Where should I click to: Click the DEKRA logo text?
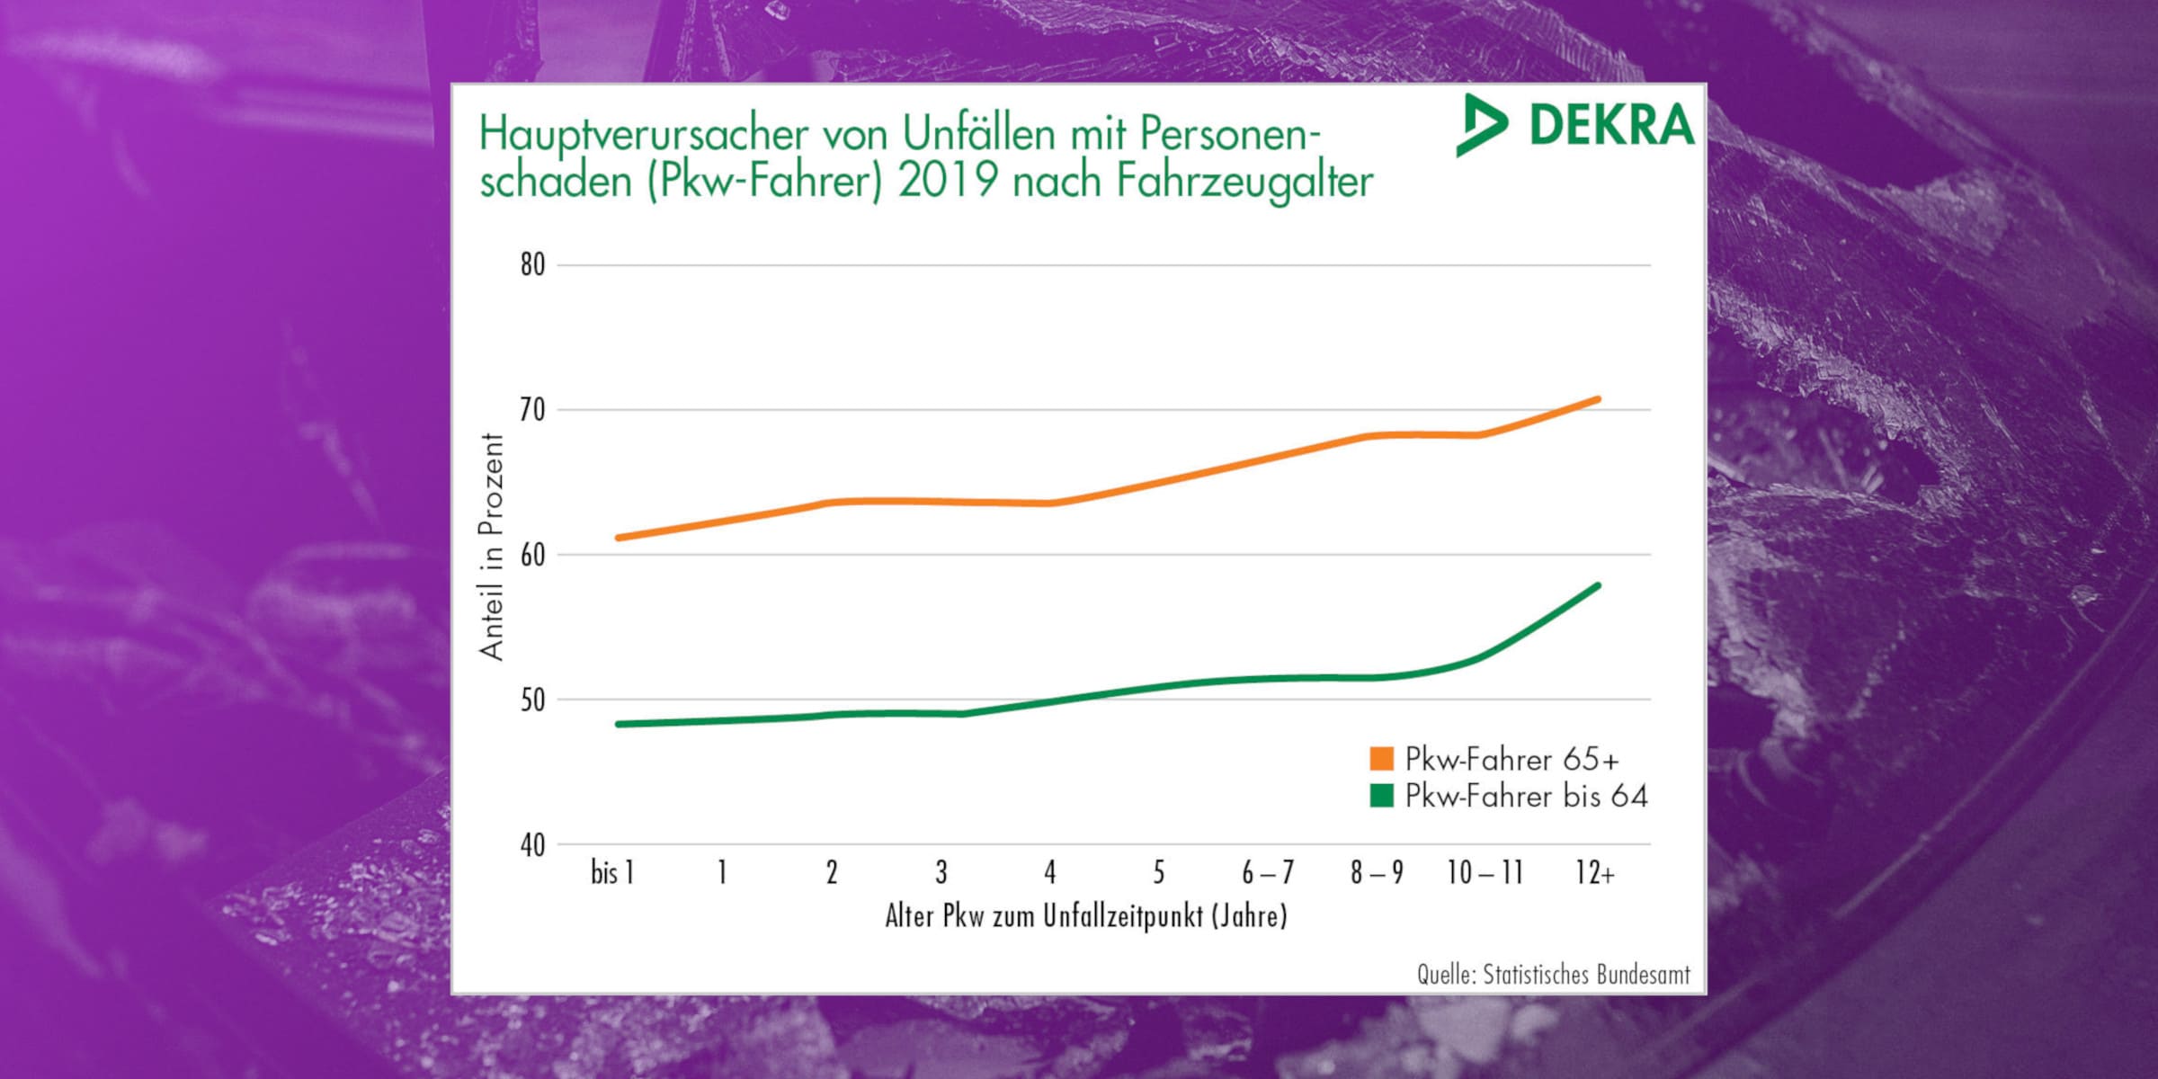(1611, 126)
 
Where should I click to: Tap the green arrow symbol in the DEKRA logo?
(1480, 125)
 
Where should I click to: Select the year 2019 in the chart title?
(948, 181)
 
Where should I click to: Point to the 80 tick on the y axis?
(532, 265)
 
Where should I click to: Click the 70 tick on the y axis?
(532, 410)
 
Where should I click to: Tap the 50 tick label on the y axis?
(532, 700)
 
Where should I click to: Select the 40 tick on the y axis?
(532, 845)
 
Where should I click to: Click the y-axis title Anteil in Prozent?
(492, 547)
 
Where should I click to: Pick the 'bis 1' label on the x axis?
(612, 872)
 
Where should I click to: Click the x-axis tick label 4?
(1049, 872)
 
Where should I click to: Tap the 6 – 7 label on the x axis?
(1268, 872)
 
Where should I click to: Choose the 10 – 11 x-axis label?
(1485, 872)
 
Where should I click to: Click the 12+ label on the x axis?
(1594, 872)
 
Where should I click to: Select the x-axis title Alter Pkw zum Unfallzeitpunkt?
(1086, 916)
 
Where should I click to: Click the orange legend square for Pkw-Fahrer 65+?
(1381, 759)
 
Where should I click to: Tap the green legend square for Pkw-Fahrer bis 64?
(1381, 796)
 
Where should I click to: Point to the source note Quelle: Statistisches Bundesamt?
(1553, 975)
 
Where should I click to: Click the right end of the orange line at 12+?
(1597, 399)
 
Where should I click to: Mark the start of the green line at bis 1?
(619, 724)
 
